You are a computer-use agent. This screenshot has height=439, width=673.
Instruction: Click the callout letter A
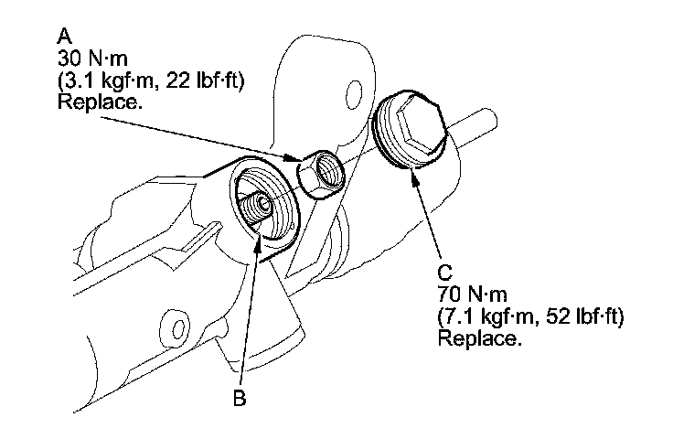pos(64,36)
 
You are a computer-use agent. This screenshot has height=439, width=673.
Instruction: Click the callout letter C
pos(445,273)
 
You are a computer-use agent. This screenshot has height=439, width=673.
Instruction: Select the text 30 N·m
pos(90,58)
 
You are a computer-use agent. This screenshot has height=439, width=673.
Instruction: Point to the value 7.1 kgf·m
pos(488,317)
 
